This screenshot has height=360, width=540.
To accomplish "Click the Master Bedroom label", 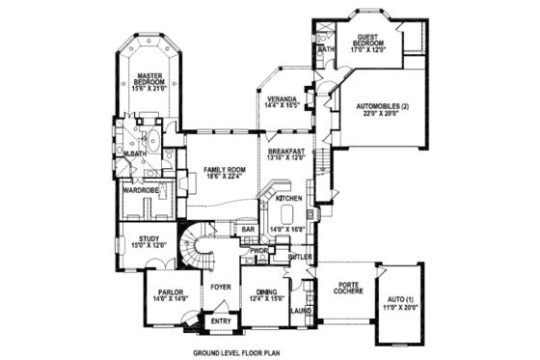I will [148, 78].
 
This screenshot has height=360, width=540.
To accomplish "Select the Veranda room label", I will [282, 97].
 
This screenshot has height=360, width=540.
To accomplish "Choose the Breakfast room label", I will [287, 152].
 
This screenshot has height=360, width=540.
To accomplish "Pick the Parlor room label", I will [163, 291].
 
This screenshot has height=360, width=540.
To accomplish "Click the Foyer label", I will [222, 286].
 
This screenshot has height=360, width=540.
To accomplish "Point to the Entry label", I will [221, 320].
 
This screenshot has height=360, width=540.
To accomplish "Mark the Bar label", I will [248, 229].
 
